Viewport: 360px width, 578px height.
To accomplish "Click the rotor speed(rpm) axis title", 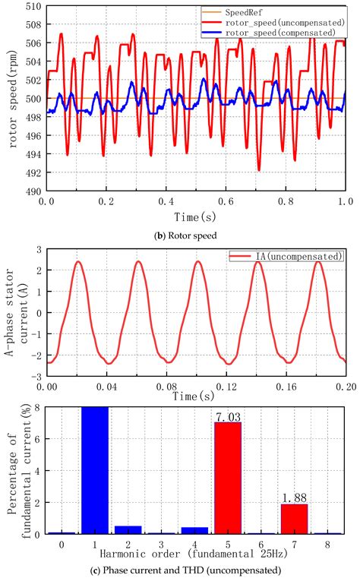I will point(11,99).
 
